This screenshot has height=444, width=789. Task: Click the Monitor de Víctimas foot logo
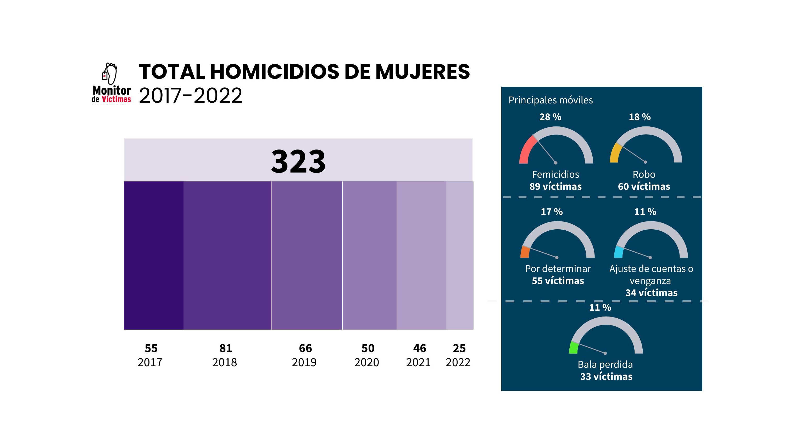point(111,83)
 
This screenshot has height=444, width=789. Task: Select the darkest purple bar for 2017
point(153,255)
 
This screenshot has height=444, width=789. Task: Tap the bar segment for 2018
point(227,255)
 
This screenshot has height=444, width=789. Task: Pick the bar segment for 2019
point(307,255)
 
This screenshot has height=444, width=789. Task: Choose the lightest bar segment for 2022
point(459,255)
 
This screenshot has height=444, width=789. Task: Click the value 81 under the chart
point(226,348)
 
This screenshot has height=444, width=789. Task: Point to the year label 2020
point(367,363)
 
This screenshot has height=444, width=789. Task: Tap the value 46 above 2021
point(419,348)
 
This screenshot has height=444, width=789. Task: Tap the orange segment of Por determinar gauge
point(525,252)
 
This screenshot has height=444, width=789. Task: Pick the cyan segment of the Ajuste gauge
point(619,252)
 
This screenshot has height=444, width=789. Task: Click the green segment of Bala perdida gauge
point(573,348)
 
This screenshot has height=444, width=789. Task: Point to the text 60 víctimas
point(644,186)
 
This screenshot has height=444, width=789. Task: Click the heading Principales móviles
point(551,100)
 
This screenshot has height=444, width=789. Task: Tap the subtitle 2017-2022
point(191,96)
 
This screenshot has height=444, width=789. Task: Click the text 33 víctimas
point(606,376)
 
